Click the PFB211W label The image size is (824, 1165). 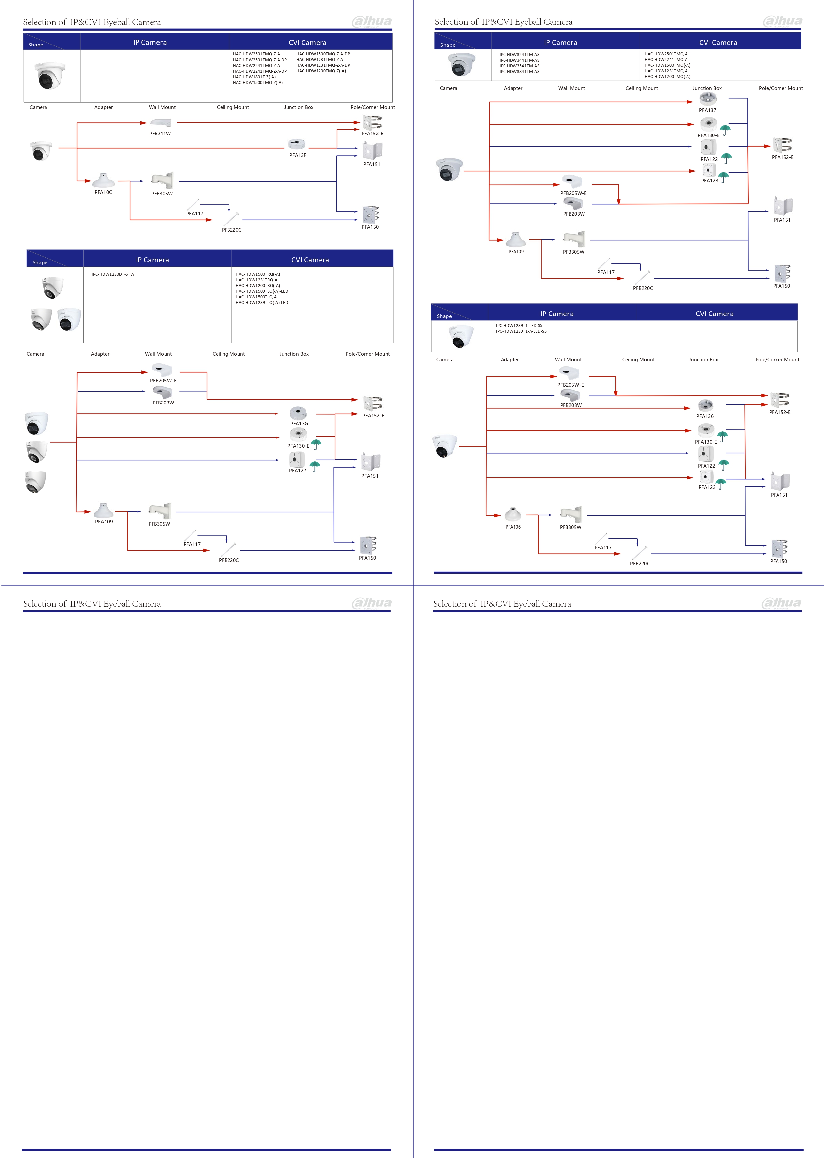pyautogui.click(x=160, y=134)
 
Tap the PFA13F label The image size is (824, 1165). pyautogui.click(x=297, y=155)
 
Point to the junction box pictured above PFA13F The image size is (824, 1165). pyautogui.click(x=297, y=144)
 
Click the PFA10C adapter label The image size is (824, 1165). pyautogui.click(x=103, y=192)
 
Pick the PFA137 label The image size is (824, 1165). pyautogui.click(x=707, y=110)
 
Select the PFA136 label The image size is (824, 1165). pyautogui.click(x=705, y=416)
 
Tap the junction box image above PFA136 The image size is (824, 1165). pyautogui.click(x=705, y=405)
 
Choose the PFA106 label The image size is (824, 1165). pyautogui.click(x=513, y=527)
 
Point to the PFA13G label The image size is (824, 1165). pyautogui.click(x=299, y=424)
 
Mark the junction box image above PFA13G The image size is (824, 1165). pyautogui.click(x=298, y=412)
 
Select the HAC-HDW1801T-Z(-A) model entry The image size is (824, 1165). pyautogui.click(x=254, y=77)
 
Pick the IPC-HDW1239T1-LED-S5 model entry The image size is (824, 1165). pyautogui.click(x=518, y=326)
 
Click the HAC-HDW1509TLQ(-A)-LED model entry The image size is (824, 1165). pyautogui.click(x=261, y=291)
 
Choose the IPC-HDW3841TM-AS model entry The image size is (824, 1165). pyautogui.click(x=519, y=71)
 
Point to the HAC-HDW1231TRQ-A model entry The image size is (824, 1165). pyautogui.click(x=256, y=280)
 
